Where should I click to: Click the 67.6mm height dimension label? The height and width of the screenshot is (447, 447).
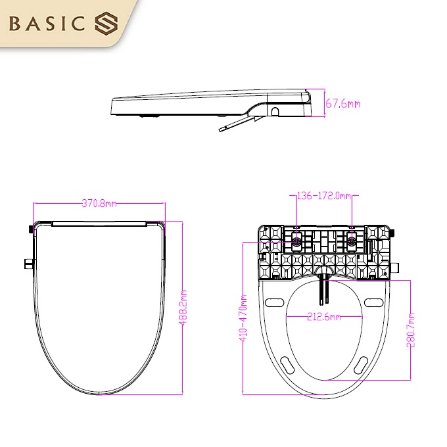343,104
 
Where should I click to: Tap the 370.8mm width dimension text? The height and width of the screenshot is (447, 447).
99,203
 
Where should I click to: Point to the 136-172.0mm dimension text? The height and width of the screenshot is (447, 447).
324,196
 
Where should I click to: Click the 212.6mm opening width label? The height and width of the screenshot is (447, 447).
324,318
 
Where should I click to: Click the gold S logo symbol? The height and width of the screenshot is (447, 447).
105,24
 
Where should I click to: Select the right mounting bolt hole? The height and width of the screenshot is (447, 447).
352,241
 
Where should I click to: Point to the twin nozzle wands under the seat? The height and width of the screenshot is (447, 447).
323,289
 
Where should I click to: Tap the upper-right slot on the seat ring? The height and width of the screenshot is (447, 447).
373,303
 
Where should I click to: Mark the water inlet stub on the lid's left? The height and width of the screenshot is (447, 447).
28,265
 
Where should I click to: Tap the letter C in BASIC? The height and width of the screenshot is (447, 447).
79,24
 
